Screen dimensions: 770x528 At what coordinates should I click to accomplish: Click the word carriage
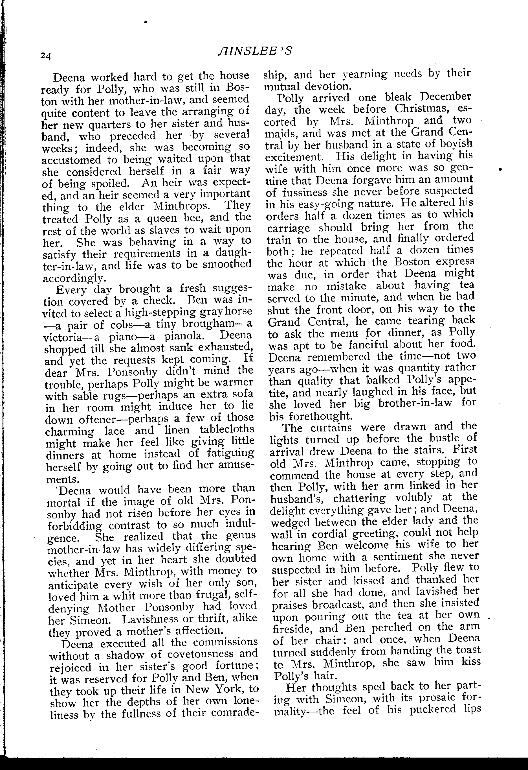tap(289, 228)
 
